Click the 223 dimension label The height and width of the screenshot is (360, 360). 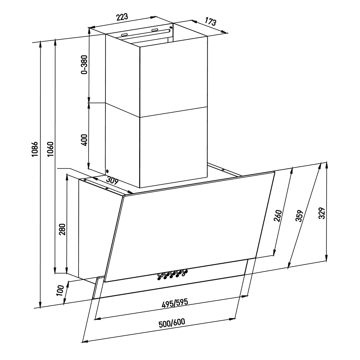point(122,17)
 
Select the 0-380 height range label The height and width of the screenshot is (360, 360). point(84,64)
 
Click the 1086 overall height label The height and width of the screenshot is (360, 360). point(35,149)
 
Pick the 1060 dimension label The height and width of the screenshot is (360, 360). point(50,149)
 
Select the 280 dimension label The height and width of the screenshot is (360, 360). point(62,229)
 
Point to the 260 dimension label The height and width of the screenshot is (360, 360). point(278,216)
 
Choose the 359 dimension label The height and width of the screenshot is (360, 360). point(299,216)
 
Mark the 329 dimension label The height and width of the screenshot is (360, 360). point(322,213)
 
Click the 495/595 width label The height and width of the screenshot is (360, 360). point(175,303)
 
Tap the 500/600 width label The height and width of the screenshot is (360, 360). point(172,323)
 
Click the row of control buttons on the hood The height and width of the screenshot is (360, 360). point(172,274)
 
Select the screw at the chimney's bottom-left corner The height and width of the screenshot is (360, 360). point(107,171)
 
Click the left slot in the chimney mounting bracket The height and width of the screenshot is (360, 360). point(124,35)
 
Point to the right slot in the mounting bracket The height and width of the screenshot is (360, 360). point(154,30)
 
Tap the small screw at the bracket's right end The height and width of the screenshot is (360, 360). point(171,28)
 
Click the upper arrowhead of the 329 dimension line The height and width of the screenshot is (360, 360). point(326,165)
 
